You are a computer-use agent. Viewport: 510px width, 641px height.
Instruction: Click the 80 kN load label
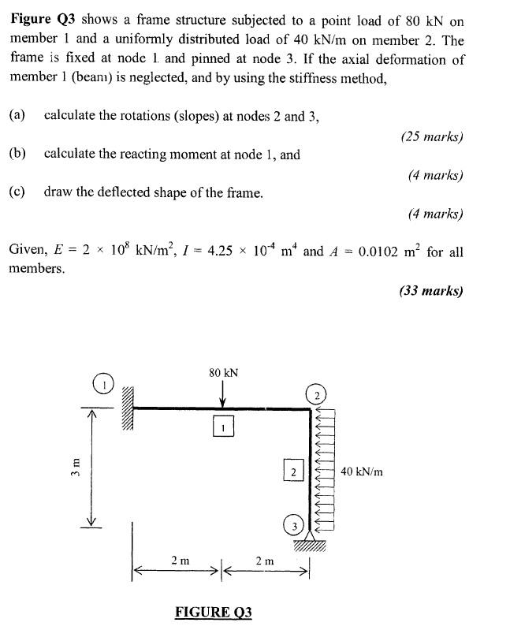click(225, 372)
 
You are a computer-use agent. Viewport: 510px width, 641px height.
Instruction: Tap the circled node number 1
click(102, 384)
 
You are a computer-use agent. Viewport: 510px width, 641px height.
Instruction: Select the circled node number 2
click(314, 395)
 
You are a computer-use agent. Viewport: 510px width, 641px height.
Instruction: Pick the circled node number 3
click(293, 526)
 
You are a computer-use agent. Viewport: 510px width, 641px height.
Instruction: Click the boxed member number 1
click(224, 427)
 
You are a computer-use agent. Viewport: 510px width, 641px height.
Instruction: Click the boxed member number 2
click(292, 471)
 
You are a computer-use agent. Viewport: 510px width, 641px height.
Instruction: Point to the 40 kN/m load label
click(362, 471)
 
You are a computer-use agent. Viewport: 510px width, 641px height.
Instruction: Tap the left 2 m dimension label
click(180, 560)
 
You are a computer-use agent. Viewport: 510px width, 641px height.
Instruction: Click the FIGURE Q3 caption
click(213, 612)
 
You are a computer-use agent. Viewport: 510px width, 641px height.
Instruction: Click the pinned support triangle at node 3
click(307, 540)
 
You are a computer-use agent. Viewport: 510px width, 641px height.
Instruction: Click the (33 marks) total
click(430, 290)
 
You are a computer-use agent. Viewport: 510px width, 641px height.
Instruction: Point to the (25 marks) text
click(431, 136)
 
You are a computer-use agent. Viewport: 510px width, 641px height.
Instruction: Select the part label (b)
click(17, 154)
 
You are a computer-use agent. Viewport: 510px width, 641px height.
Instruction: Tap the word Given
click(28, 252)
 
